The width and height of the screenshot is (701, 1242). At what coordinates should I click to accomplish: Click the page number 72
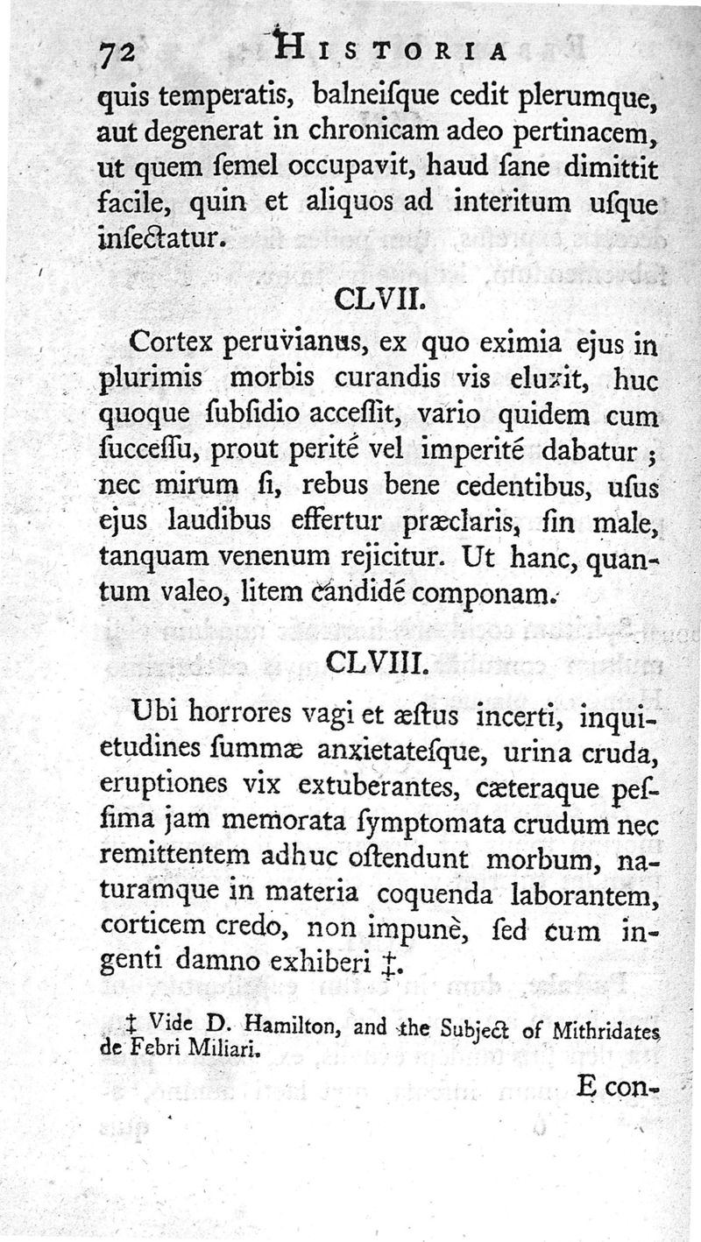click(116, 54)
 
